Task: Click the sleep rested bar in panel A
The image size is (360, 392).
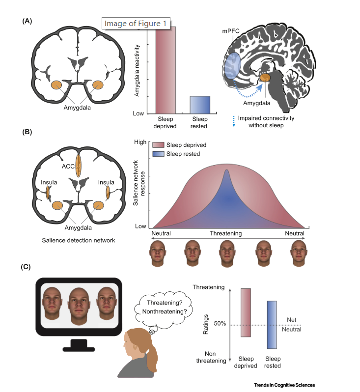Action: pyautogui.click(x=200, y=105)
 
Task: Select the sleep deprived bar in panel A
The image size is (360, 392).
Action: pyautogui.click(x=166, y=69)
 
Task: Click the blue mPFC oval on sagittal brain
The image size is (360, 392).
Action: pyautogui.click(x=235, y=70)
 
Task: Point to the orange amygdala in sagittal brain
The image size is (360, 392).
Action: pyautogui.click(x=265, y=77)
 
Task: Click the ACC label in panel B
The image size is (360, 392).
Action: pyautogui.click(x=68, y=166)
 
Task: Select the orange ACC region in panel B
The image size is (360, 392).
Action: pyautogui.click(x=79, y=167)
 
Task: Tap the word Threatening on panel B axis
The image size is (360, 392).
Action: pyautogui.click(x=226, y=233)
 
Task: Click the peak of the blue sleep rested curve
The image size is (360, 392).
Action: pyautogui.click(x=227, y=171)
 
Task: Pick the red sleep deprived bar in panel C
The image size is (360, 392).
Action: pyautogui.click(x=246, y=312)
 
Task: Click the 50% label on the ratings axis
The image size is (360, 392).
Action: pyautogui.click(x=219, y=324)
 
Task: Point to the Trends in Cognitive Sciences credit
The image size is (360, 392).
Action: pyautogui.click(x=284, y=385)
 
